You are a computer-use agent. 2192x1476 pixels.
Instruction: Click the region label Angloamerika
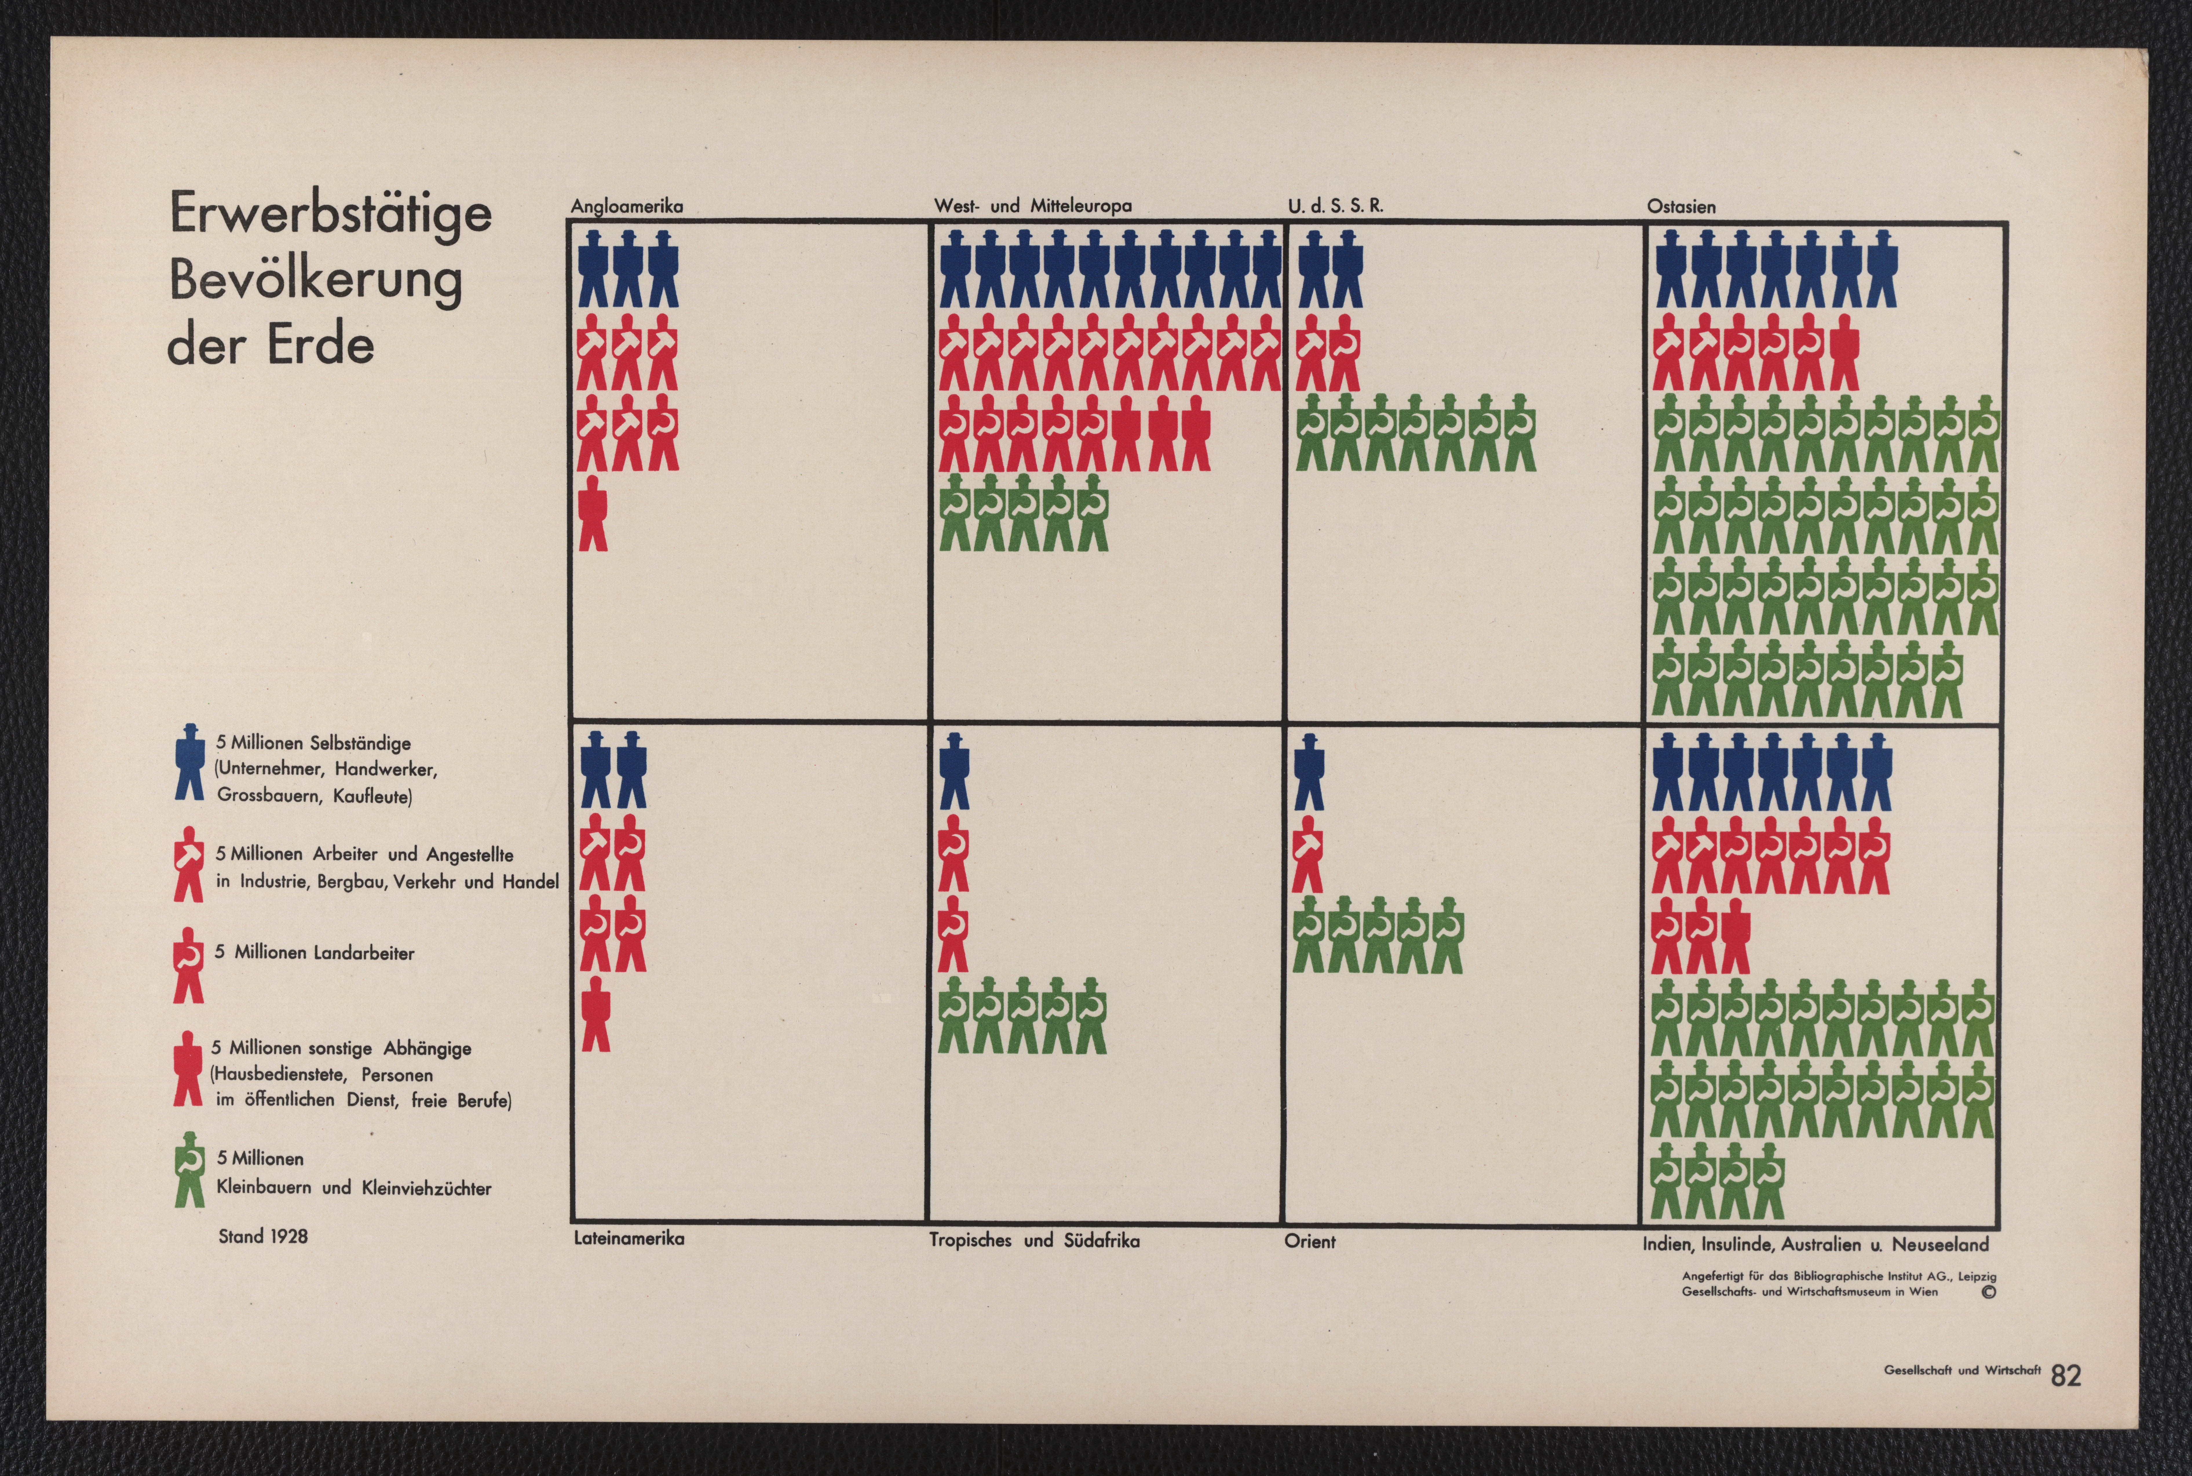627,206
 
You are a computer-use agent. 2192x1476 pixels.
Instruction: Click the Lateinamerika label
629,1239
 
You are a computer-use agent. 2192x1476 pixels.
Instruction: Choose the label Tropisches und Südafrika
1034,1241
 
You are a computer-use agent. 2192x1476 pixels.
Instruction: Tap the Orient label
1309,1242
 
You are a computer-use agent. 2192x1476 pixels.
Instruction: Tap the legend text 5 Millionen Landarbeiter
314,953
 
